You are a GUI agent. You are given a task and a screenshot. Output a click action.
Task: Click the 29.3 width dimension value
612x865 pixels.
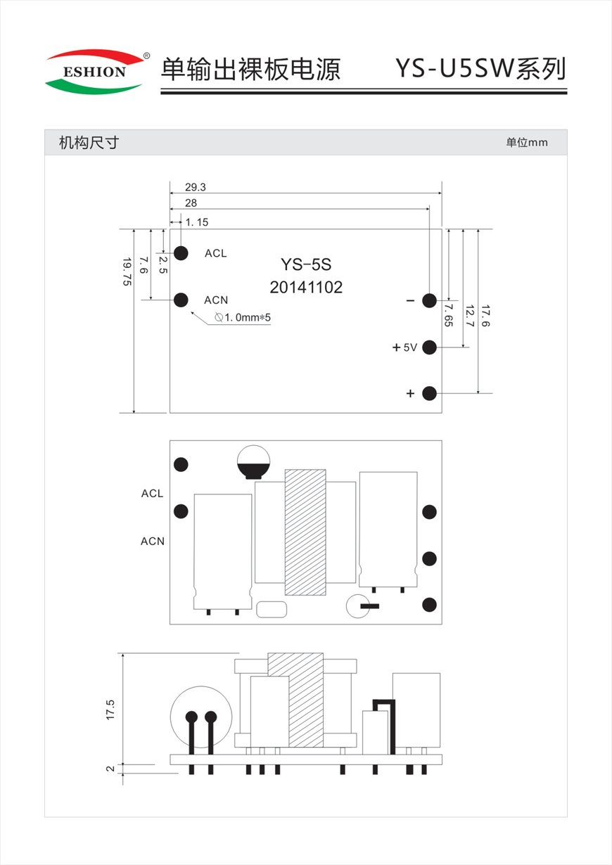pyautogui.click(x=196, y=187)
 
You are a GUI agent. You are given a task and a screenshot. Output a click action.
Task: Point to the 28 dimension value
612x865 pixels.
pyautogui.click(x=191, y=203)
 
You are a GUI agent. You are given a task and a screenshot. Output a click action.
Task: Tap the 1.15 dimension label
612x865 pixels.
pyautogui.click(x=197, y=222)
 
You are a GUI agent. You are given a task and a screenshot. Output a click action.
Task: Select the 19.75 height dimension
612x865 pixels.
pyautogui.click(x=127, y=272)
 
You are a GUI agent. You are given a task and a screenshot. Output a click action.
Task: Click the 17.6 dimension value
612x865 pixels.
pyautogui.click(x=485, y=316)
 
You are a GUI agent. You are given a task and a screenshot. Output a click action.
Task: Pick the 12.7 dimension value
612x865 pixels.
pyautogui.click(x=470, y=316)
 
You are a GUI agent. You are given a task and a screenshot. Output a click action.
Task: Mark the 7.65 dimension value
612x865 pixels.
pyautogui.click(x=448, y=315)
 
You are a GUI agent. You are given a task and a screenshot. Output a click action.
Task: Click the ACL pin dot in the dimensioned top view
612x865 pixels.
pyautogui.click(x=181, y=253)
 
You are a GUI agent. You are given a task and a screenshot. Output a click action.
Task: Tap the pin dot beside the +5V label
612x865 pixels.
pyautogui.click(x=429, y=347)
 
